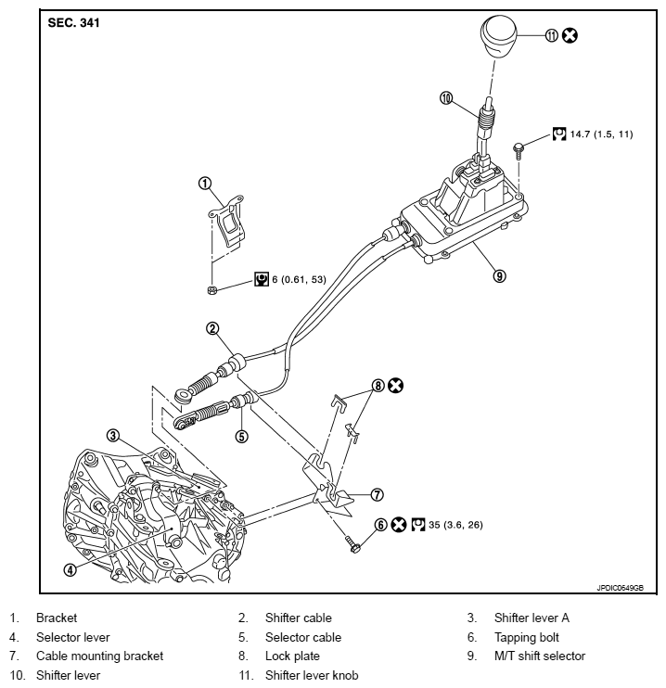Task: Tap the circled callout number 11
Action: click(x=550, y=35)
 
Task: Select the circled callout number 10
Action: click(x=445, y=97)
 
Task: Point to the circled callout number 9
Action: click(x=500, y=275)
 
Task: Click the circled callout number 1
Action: click(x=205, y=184)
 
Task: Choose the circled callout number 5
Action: click(x=242, y=435)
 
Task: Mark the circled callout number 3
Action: click(x=112, y=434)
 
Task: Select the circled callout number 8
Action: click(x=378, y=385)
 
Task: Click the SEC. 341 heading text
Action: click(x=76, y=23)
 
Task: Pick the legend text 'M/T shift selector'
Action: click(x=539, y=656)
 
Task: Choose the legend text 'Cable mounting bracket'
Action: click(x=99, y=656)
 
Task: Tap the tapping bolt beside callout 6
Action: click(x=355, y=546)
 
